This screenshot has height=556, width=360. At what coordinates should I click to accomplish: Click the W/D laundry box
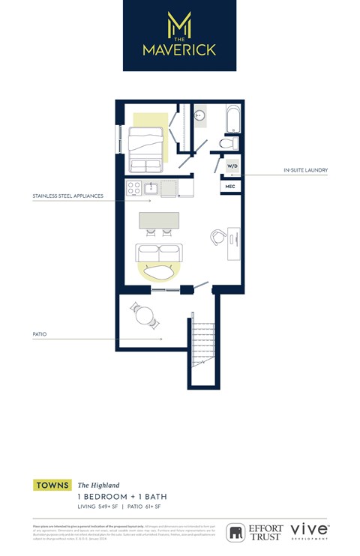232,166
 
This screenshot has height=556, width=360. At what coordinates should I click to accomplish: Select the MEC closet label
230,186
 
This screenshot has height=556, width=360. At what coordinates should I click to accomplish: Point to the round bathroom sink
200,115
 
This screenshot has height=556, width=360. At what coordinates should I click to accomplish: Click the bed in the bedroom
146,148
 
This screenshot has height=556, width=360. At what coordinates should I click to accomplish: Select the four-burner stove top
134,188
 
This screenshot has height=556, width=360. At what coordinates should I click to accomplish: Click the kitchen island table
159,220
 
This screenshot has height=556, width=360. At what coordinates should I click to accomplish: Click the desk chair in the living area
218,236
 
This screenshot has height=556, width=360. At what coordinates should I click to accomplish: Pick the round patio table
144,315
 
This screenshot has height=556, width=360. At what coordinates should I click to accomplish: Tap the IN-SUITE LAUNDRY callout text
305,170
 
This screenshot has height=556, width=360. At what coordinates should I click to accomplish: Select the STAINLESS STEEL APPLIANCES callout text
67,196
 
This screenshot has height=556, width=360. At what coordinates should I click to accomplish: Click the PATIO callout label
40,334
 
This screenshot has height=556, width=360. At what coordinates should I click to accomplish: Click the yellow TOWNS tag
52,486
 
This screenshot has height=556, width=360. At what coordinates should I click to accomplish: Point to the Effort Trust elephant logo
237,532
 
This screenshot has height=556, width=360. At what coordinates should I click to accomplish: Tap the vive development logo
309,531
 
